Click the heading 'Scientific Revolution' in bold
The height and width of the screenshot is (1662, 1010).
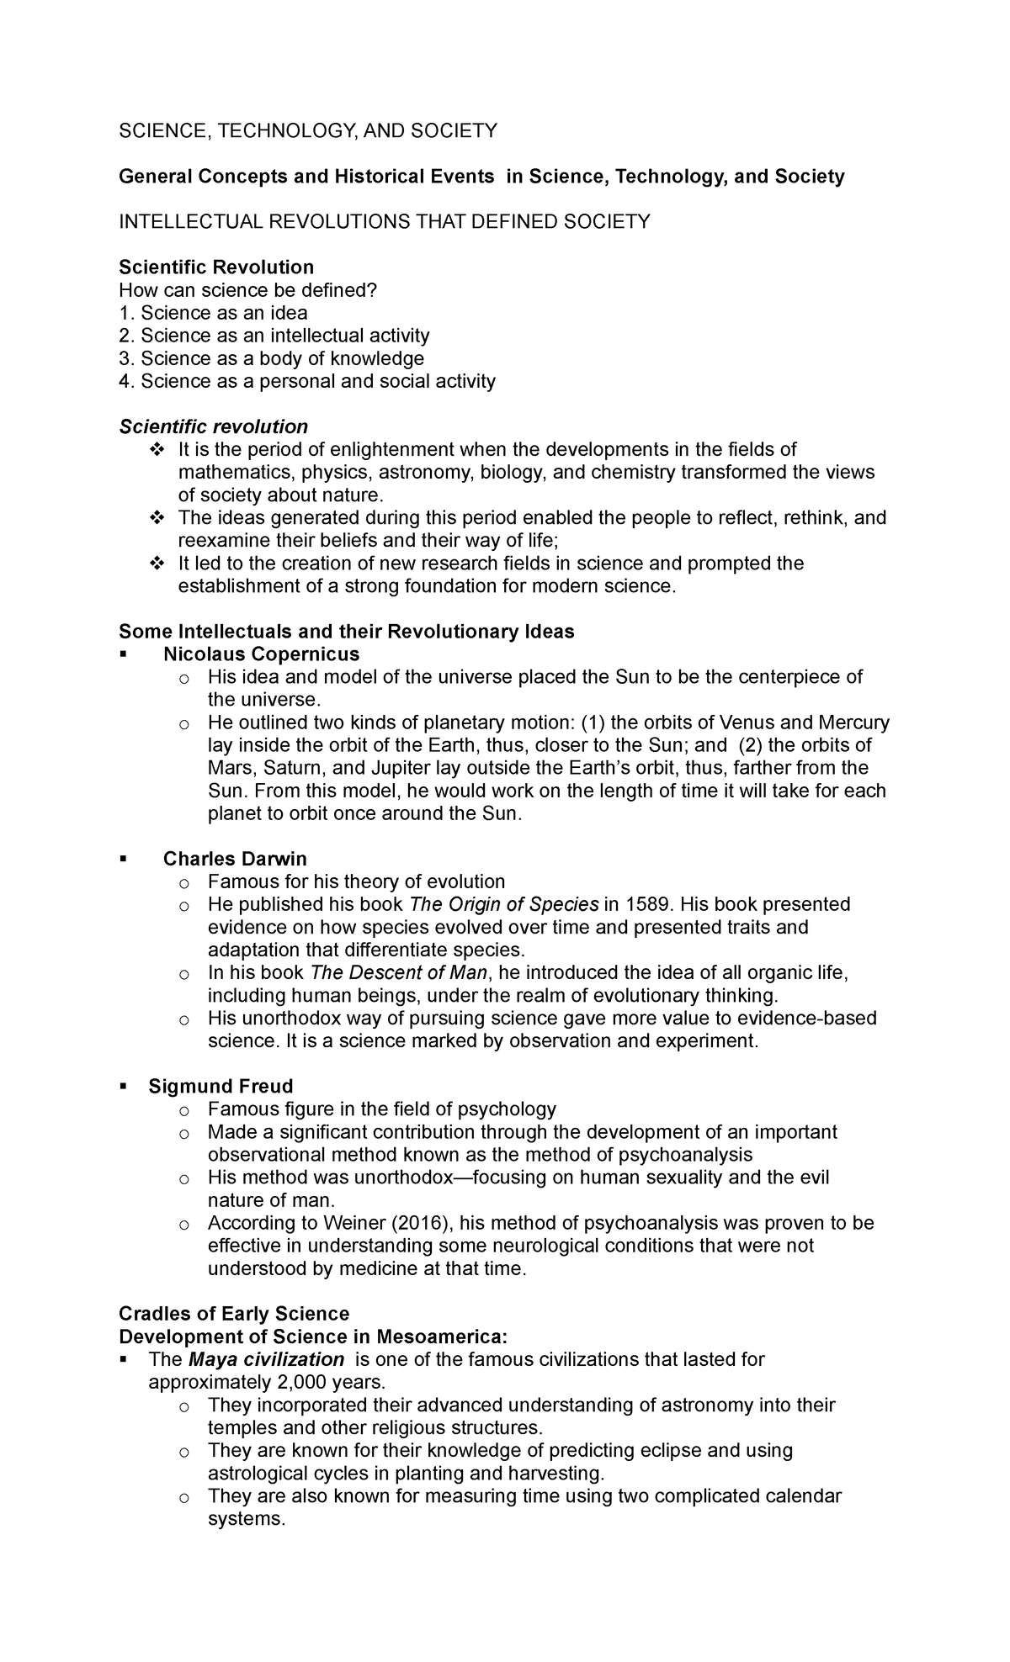click(x=216, y=267)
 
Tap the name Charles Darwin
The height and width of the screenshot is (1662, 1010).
click(x=235, y=859)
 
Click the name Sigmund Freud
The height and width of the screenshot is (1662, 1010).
click(x=221, y=1086)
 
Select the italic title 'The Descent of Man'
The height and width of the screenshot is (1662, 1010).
click(x=399, y=973)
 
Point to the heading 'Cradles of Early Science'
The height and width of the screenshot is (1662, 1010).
click(x=234, y=1314)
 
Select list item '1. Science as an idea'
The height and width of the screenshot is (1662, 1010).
click(x=213, y=313)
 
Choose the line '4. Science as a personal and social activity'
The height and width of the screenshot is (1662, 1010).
click(x=307, y=381)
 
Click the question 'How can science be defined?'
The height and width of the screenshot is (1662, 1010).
click(x=248, y=290)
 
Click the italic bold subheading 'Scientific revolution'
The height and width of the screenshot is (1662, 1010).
click(x=214, y=426)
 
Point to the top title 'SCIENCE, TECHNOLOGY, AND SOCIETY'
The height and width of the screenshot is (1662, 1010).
click(x=308, y=130)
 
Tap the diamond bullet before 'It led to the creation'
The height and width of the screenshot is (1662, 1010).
click(x=155, y=563)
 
